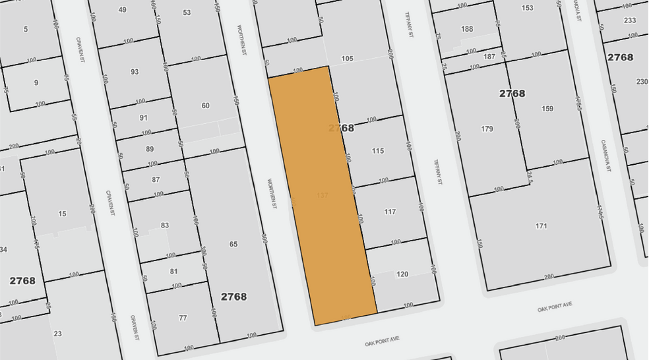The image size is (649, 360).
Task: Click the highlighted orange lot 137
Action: click(x=323, y=195)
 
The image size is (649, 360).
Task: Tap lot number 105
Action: click(x=348, y=59)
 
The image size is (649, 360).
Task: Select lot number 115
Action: click(x=377, y=151)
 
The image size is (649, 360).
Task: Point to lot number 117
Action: click(x=390, y=212)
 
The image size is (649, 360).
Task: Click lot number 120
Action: click(x=402, y=274)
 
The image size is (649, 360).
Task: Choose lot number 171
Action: click(x=541, y=226)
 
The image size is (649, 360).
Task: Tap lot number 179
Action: click(x=487, y=129)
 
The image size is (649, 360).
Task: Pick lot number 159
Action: click(x=547, y=109)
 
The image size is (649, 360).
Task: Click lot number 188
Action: click(x=467, y=29)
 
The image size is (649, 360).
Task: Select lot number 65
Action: click(x=233, y=244)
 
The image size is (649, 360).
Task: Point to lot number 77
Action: click(x=183, y=318)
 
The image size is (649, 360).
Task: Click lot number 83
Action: click(x=165, y=225)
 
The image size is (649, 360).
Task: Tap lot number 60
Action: click(x=205, y=105)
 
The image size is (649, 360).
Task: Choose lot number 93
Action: click(x=135, y=72)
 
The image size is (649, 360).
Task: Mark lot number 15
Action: click(x=62, y=214)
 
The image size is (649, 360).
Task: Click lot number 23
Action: click(x=58, y=334)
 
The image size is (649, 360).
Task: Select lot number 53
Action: click(x=187, y=13)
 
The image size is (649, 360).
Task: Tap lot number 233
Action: click(x=630, y=20)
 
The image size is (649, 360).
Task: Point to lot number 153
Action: click(x=527, y=8)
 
